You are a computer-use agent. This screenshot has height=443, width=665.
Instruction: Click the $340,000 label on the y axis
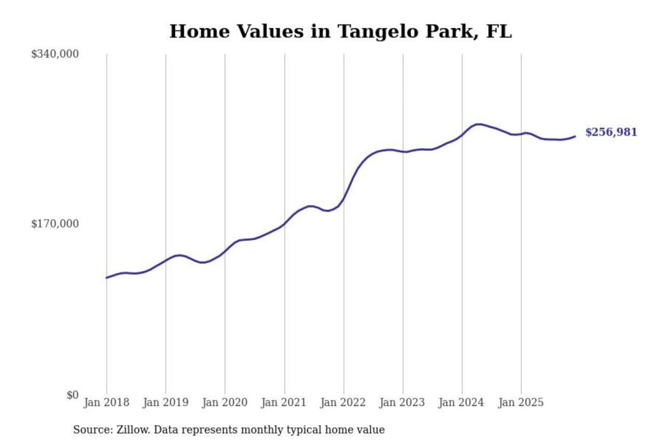point(55,54)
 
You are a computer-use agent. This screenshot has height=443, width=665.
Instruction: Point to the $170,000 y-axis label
point(55,224)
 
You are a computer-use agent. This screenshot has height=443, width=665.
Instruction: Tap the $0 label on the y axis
point(73,395)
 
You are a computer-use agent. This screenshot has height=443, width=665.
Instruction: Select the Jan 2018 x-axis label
point(106,402)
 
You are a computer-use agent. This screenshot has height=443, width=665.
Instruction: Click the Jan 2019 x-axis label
point(165,402)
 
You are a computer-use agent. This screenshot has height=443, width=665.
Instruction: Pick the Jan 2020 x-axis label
point(224,402)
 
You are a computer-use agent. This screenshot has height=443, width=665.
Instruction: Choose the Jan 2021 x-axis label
point(284,402)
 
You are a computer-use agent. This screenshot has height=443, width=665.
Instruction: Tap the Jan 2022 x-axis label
point(343,402)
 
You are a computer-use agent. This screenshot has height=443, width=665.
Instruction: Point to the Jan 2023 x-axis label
point(402,402)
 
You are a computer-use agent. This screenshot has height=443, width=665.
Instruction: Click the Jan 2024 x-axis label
point(461,402)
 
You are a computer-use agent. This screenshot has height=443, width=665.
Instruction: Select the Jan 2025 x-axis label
point(520,402)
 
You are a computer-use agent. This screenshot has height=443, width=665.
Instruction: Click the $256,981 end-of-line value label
point(611,132)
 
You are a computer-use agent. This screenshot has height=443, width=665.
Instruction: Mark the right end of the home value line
point(575,136)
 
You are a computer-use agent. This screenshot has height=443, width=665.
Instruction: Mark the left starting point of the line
point(107,278)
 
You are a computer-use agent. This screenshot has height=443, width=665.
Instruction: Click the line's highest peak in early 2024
point(478,124)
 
